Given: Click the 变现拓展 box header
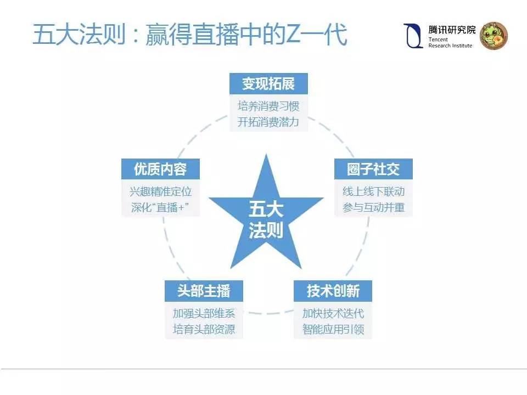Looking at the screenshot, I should click(x=268, y=83).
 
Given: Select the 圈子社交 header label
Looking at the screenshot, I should click(x=373, y=169).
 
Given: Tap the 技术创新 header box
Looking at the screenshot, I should click(x=333, y=291).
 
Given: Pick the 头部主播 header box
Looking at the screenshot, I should click(x=203, y=291).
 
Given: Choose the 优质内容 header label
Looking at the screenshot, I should click(x=160, y=169).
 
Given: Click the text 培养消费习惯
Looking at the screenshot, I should click(x=268, y=106).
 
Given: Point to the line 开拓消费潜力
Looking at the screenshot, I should click(x=268, y=121).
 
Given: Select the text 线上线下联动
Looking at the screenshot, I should click(x=373, y=191).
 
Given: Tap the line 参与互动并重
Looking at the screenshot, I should click(x=373, y=207).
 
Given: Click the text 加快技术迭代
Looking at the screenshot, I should click(x=333, y=314).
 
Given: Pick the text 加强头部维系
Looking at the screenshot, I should click(x=204, y=314).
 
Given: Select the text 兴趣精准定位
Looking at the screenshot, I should click(x=161, y=191).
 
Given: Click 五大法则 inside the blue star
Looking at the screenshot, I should click(x=266, y=219).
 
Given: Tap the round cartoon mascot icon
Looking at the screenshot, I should click(x=494, y=36).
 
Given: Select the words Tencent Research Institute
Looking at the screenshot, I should click(x=450, y=43).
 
